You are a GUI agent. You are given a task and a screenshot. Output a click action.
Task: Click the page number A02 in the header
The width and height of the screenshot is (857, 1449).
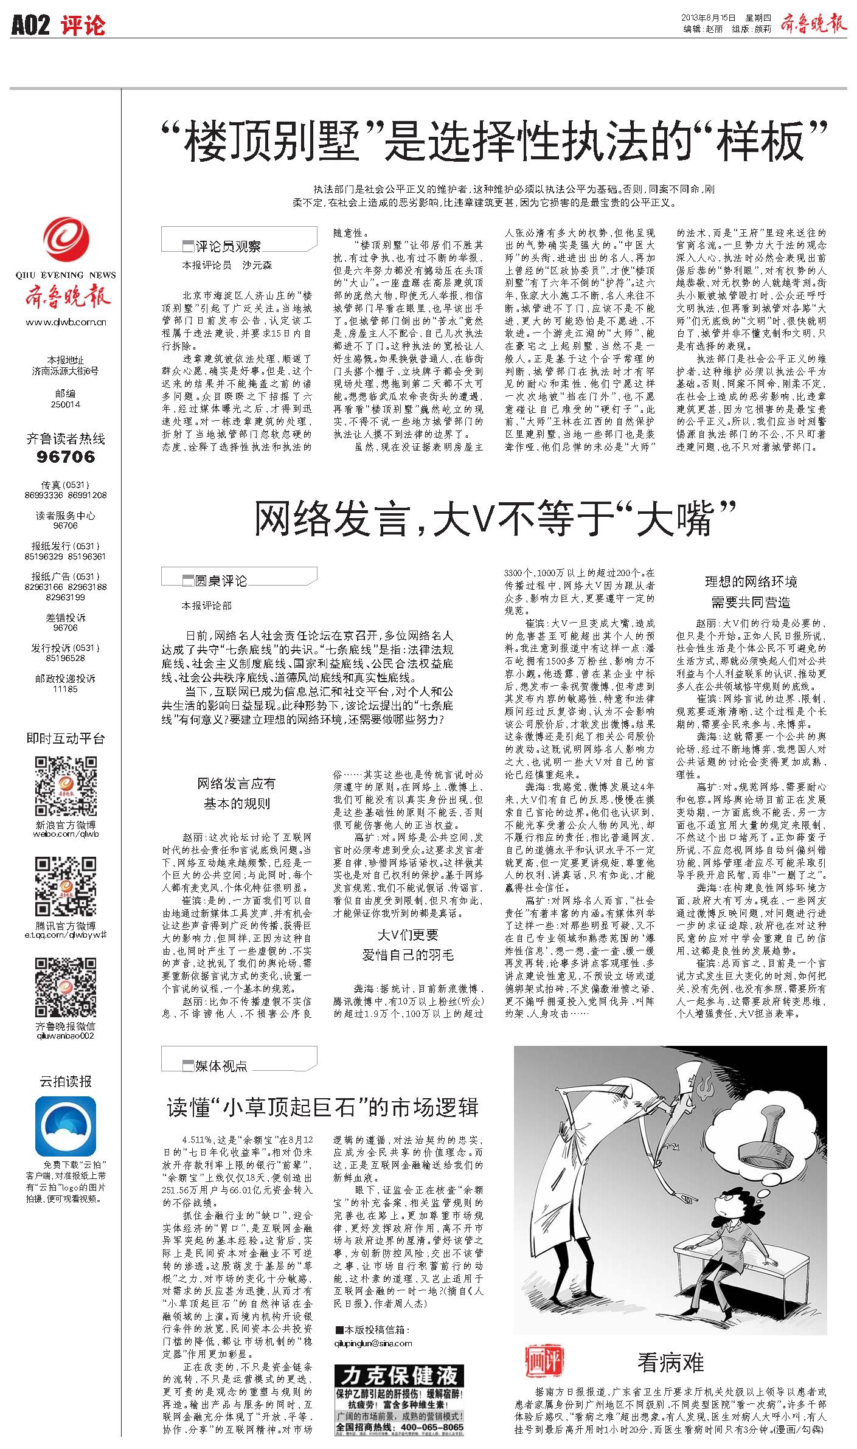[30, 26]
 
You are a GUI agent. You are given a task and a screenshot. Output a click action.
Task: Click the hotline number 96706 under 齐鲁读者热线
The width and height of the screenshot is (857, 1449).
[66, 457]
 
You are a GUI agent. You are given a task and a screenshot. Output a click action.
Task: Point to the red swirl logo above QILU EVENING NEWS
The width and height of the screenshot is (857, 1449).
[66, 244]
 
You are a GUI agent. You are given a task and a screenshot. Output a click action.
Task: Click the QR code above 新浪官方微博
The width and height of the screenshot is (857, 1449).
[65, 787]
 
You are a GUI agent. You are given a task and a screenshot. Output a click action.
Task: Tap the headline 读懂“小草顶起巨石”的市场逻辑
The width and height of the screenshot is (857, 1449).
[323, 1107]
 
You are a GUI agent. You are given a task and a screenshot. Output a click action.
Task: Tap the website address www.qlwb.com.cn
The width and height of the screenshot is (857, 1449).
[66, 323]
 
